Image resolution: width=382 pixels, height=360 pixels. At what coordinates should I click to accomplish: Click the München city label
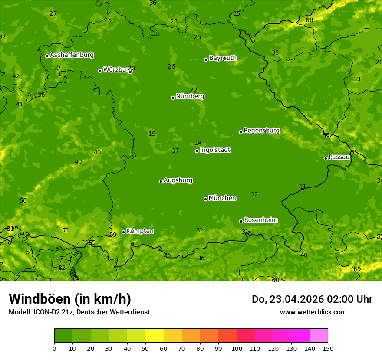pyautogui.click(x=222, y=198)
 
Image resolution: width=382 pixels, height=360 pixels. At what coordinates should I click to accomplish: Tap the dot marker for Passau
pyautogui.click(x=326, y=158)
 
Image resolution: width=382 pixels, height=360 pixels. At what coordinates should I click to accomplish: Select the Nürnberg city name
pyautogui.click(x=190, y=96)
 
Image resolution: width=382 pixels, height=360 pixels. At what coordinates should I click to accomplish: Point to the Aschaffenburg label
pyautogui.click(x=72, y=55)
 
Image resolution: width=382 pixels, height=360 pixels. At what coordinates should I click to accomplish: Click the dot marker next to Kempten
pyautogui.click(x=123, y=232)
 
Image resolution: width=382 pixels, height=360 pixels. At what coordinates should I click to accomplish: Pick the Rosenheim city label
pyautogui.click(x=260, y=220)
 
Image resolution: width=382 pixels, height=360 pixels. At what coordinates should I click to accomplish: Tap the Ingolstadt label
pyautogui.click(x=215, y=150)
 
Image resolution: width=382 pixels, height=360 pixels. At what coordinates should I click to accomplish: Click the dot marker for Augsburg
pyautogui.click(x=161, y=181)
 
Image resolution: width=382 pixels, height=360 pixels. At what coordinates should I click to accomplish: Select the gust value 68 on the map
pyautogui.click(x=309, y=20)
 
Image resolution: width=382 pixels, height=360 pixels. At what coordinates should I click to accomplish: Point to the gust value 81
pyautogui.click(x=10, y=229)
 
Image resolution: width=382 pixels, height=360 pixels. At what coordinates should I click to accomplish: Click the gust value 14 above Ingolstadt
pyautogui.click(x=198, y=143)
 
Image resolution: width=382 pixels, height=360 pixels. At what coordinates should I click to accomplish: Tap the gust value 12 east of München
pyautogui.click(x=254, y=194)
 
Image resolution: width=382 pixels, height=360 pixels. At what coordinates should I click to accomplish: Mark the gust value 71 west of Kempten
pyautogui.click(x=66, y=230)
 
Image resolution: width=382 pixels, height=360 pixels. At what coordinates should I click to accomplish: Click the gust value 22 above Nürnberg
pyautogui.click(x=193, y=90)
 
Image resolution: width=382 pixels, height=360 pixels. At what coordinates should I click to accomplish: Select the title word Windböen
pyautogui.click(x=40, y=299)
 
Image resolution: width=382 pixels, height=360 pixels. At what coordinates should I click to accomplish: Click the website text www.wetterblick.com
pyautogui.click(x=313, y=312)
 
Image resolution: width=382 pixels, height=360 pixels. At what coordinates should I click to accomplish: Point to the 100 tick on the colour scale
pyautogui.click(x=237, y=348)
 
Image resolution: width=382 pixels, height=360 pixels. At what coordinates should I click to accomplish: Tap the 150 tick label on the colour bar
pyautogui.click(x=328, y=348)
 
